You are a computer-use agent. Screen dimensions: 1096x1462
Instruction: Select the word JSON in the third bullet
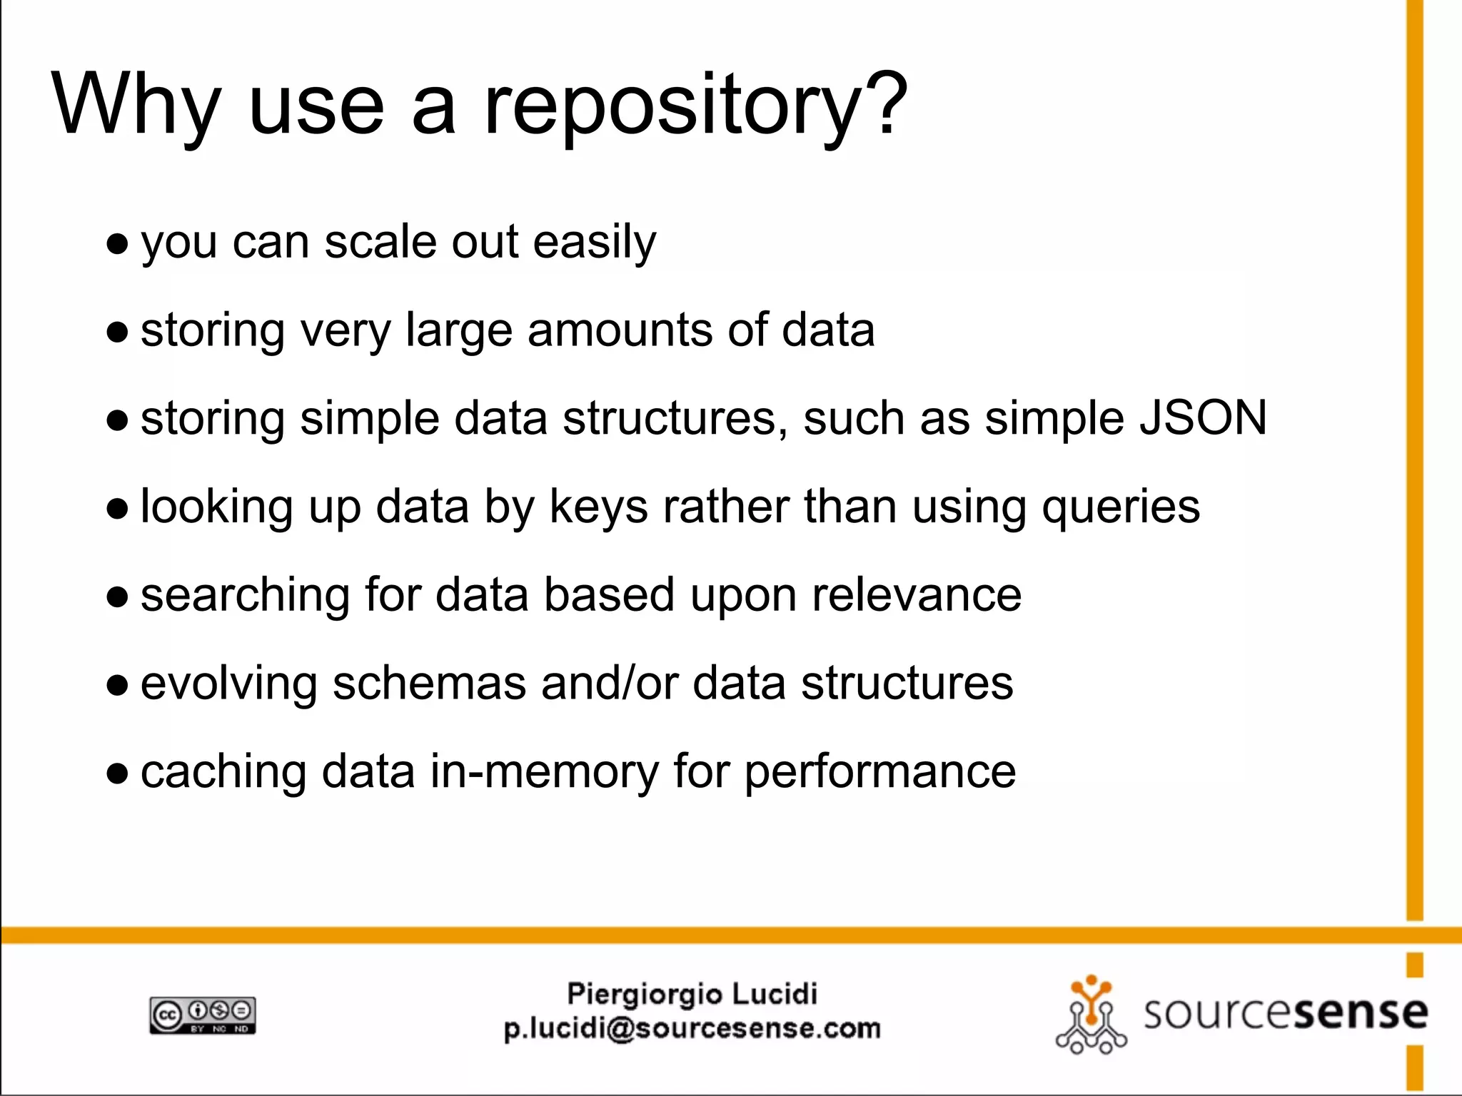click(x=1203, y=418)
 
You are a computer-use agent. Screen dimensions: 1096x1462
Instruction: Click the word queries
click(x=1121, y=507)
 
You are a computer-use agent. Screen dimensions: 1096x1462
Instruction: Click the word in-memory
click(x=544, y=772)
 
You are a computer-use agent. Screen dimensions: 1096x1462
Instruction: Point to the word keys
click(x=598, y=507)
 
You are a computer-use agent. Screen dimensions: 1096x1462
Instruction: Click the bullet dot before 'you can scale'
click(x=117, y=245)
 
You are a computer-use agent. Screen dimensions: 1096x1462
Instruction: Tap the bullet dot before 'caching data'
click(x=117, y=773)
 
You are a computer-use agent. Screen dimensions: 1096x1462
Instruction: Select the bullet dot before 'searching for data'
click(x=117, y=597)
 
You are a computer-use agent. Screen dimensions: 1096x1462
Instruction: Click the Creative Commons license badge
click(x=203, y=1015)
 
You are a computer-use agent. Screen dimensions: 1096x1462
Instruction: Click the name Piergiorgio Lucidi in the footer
click(x=692, y=994)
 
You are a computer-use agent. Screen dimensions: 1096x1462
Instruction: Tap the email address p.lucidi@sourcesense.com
click(x=692, y=1029)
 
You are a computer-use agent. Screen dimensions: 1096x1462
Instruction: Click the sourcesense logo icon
click(x=1090, y=1015)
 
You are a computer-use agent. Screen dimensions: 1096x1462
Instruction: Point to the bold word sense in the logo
click(x=1361, y=1013)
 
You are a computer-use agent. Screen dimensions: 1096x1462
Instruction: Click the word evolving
click(x=228, y=684)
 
